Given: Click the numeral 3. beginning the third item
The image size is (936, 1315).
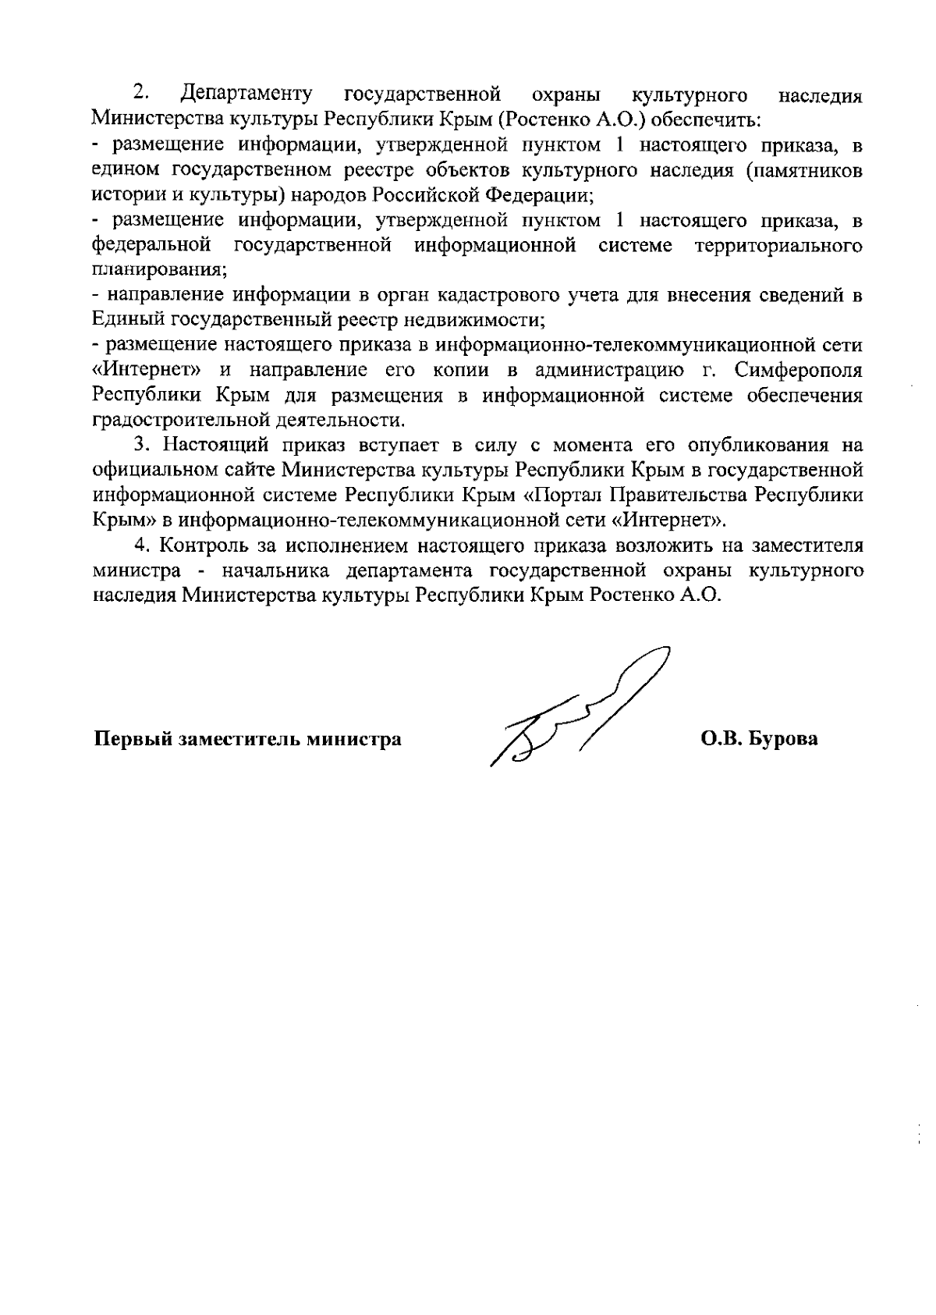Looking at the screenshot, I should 141,446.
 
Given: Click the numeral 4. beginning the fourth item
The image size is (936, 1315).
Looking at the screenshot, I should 141,546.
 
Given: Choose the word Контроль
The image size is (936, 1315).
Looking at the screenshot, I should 200,546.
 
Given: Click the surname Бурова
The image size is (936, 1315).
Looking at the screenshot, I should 783,738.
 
